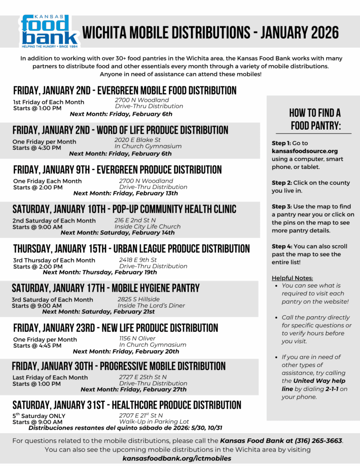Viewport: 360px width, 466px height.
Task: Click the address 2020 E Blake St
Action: coord(137,140)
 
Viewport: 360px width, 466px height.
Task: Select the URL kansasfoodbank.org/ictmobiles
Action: coord(177,458)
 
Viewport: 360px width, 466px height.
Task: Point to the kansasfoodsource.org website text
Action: coord(304,151)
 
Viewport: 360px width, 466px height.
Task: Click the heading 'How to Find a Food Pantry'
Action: coord(315,119)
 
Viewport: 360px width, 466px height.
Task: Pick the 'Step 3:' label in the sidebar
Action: coord(281,207)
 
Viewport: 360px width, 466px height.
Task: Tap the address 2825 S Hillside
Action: coord(139,299)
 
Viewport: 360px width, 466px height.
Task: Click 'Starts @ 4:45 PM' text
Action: coord(37,346)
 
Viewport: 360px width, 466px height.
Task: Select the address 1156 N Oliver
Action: coord(137,339)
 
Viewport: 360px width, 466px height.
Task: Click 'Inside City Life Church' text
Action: coord(147,227)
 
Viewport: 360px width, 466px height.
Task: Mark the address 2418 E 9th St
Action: coord(138,260)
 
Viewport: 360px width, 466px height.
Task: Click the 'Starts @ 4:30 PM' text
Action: coord(36,148)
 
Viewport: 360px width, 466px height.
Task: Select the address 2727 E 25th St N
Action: coord(143,377)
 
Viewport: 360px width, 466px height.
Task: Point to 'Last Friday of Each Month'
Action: coord(51,378)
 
